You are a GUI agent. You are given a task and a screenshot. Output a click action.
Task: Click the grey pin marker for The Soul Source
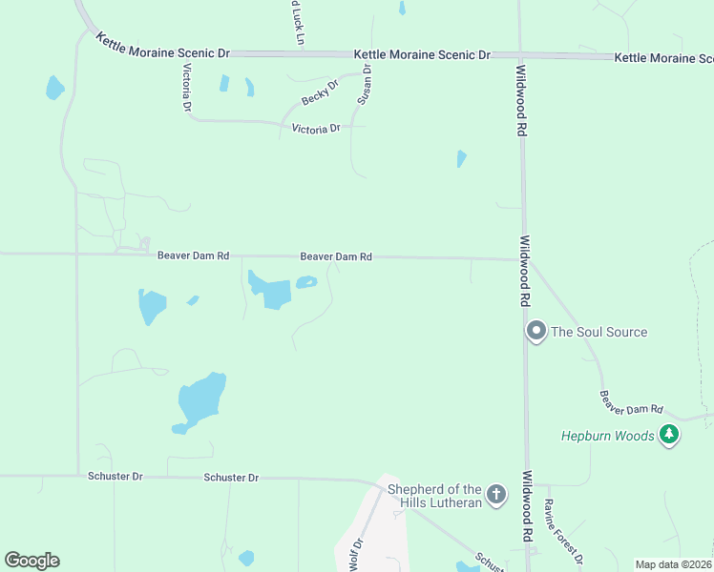536,332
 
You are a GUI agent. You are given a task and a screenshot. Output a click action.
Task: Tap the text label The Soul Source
599,332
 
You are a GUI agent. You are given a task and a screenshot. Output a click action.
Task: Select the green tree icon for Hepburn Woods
670,435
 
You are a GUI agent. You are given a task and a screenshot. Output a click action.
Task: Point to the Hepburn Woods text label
608,436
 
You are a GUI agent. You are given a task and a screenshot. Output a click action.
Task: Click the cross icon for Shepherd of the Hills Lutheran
495,494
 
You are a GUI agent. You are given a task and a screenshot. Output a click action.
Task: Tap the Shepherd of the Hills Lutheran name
433,496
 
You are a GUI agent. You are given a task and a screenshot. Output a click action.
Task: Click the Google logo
31,561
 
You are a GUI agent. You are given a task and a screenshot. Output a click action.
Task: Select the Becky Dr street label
320,93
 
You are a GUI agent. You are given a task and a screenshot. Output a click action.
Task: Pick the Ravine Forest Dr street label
563,529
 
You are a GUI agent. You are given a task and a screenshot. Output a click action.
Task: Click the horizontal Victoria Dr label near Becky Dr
316,128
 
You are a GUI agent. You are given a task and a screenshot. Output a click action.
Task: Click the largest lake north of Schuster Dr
202,399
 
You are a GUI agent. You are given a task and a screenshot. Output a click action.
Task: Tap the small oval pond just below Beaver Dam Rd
306,282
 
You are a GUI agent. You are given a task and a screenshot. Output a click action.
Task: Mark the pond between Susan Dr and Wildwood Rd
462,158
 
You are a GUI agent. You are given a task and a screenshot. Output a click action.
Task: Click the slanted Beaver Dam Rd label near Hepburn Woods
631,403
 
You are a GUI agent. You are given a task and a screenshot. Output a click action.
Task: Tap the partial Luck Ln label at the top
297,21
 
